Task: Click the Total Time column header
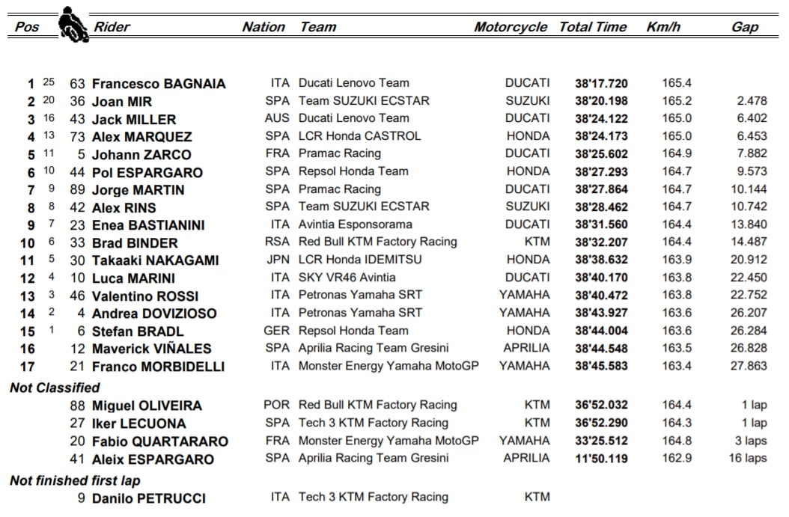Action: click(x=593, y=27)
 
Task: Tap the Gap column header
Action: click(x=745, y=27)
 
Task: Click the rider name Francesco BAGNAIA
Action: click(x=158, y=84)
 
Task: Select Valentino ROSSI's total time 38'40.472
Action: click(x=601, y=296)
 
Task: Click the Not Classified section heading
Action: click(x=55, y=388)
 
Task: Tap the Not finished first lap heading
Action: click(x=75, y=480)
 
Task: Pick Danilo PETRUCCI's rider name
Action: click(x=148, y=498)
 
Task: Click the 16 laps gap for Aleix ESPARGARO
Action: click(x=748, y=459)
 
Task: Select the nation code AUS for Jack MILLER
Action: click(x=277, y=119)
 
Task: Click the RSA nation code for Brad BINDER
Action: click(x=277, y=242)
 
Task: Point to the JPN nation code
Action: click(x=277, y=260)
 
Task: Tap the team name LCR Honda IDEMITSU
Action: click(x=360, y=260)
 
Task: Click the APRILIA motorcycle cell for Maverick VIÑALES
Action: click(x=526, y=349)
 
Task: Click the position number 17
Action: click(x=27, y=367)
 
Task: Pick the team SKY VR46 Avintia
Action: click(x=347, y=278)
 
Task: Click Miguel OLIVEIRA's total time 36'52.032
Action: click(x=601, y=406)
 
